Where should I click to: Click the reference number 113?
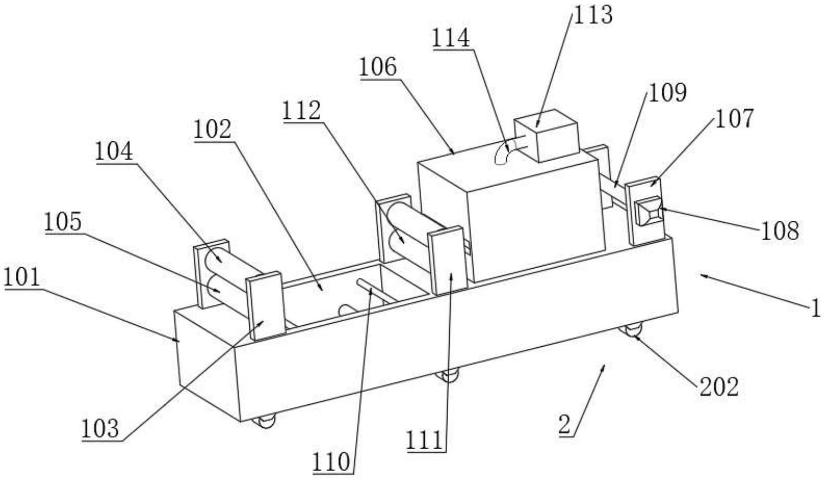[592, 15]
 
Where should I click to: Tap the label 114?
[451, 38]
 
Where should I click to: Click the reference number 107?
[734, 118]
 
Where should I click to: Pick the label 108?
[780, 230]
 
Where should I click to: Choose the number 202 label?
[719, 387]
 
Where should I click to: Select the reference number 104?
[114, 151]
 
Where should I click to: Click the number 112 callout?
[301, 111]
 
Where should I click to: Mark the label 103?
[101, 428]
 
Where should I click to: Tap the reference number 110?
[331, 462]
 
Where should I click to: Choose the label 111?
[424, 440]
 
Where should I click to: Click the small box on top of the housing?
[546, 135]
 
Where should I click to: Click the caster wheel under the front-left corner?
[264, 421]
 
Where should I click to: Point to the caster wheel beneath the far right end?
[631, 328]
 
